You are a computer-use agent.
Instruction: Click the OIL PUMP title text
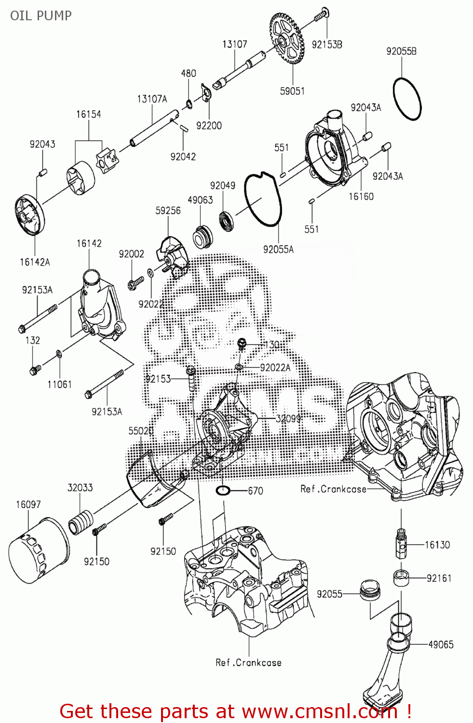tap(41, 15)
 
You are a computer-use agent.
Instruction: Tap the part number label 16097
tap(28, 504)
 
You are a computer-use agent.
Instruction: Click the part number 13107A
tap(152, 99)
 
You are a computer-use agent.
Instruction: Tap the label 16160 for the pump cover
tap(361, 196)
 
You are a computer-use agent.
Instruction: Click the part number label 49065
tap(441, 644)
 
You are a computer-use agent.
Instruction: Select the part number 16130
tap(437, 545)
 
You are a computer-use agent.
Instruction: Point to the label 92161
tap(439, 578)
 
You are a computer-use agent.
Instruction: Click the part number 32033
tap(80, 487)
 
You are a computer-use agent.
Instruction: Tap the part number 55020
tap(141, 430)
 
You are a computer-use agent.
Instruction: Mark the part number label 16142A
tap(35, 262)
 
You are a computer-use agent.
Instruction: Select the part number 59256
tap(168, 211)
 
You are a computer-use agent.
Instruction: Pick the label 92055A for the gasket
tap(278, 249)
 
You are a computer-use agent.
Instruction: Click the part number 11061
tap(59, 384)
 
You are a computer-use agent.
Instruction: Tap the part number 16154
tap(89, 114)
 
